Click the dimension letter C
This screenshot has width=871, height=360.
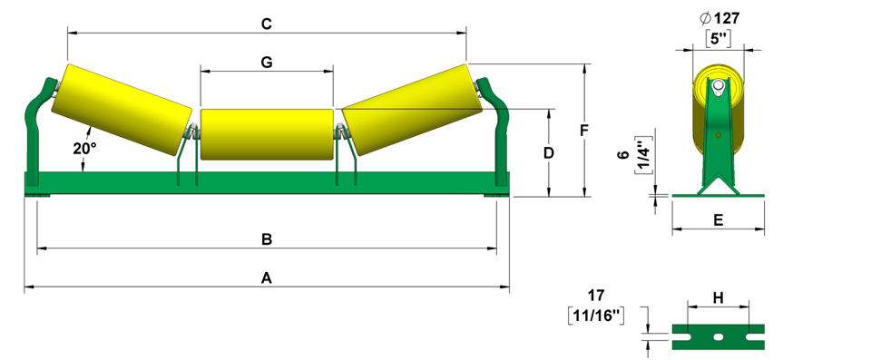(267, 24)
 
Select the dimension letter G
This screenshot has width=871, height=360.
(267, 63)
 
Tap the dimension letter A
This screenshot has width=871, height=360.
(267, 277)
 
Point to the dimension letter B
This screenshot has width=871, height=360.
(267, 239)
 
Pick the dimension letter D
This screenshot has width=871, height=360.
(549, 152)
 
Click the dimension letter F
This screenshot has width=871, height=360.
(583, 131)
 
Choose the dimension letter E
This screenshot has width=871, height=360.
(719, 220)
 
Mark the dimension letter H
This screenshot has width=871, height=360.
(719, 298)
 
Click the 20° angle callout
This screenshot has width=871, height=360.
(85, 149)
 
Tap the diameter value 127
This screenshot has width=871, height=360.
(727, 18)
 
